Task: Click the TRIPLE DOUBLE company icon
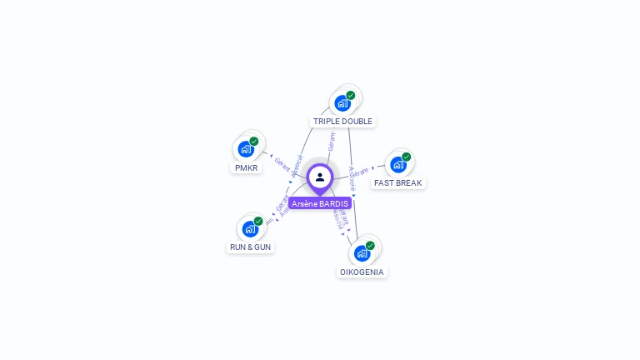(x=342, y=103)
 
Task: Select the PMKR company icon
(x=246, y=149)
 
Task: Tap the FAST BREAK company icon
(x=398, y=164)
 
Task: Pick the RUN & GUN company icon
(x=250, y=229)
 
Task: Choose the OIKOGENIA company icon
(x=362, y=252)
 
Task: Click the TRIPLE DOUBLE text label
(x=342, y=122)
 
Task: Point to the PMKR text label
(x=247, y=167)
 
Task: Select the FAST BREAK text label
(x=397, y=183)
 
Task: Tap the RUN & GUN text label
(x=250, y=247)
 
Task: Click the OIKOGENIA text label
(x=362, y=272)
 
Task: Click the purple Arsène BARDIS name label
(x=320, y=203)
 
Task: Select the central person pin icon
(x=320, y=177)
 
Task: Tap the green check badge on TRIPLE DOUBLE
(x=351, y=95)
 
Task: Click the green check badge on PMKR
(x=254, y=141)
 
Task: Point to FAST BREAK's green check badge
(x=407, y=157)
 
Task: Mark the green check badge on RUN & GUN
(x=258, y=221)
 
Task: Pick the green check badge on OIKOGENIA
(x=370, y=245)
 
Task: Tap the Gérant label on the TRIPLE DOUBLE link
(x=332, y=141)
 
